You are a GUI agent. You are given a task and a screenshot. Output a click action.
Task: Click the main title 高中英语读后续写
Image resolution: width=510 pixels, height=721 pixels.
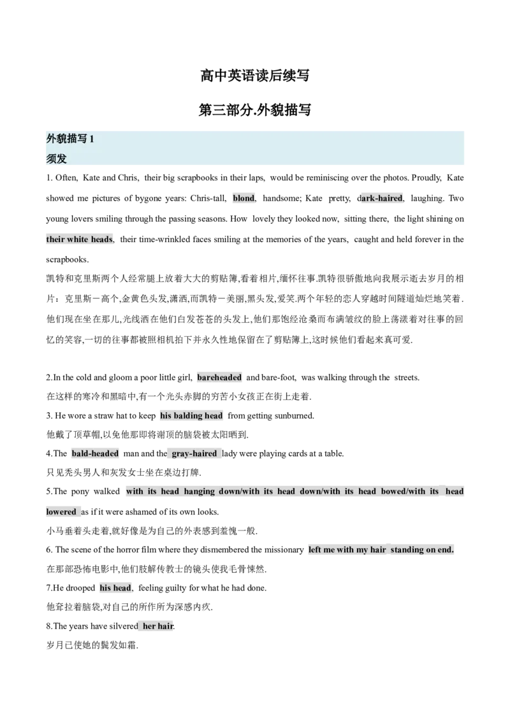pyautogui.click(x=254, y=75)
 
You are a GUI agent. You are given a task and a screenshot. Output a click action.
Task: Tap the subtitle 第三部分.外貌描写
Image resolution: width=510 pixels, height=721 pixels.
pyautogui.click(x=254, y=110)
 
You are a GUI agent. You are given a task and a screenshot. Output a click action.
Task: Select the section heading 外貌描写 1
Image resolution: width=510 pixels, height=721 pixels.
pyautogui.click(x=70, y=139)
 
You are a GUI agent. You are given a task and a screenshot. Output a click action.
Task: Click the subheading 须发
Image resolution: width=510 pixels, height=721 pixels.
pyautogui.click(x=57, y=159)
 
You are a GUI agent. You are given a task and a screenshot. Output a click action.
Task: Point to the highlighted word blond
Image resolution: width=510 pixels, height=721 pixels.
pyautogui.click(x=244, y=198)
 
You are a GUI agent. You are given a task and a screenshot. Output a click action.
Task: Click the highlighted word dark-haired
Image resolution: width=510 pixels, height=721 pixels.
pyautogui.click(x=380, y=198)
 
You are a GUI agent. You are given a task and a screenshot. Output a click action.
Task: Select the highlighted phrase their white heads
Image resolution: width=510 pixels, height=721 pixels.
pyautogui.click(x=79, y=239)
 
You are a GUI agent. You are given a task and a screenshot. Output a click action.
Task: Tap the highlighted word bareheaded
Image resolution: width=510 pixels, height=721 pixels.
pyautogui.click(x=219, y=378)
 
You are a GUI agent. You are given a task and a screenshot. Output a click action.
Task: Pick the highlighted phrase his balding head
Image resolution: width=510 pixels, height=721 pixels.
pyautogui.click(x=191, y=416)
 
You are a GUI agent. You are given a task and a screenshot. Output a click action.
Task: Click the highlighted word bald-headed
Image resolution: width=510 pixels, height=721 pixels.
pyautogui.click(x=95, y=453)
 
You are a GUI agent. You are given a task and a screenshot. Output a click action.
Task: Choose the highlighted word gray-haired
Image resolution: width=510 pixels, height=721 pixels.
pyautogui.click(x=194, y=453)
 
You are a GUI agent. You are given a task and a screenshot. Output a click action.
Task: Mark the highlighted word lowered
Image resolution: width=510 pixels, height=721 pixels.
pyautogui.click(x=61, y=512)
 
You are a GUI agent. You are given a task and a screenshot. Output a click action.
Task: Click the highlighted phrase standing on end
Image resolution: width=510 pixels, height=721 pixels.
pyautogui.click(x=422, y=550)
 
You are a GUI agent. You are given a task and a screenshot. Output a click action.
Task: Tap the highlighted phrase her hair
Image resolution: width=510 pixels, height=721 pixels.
pyautogui.click(x=158, y=626)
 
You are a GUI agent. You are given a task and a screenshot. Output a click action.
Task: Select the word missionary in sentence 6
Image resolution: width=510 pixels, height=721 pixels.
pyautogui.click(x=282, y=550)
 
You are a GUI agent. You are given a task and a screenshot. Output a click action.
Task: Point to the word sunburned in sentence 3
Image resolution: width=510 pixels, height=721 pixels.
pyautogui.click(x=295, y=416)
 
